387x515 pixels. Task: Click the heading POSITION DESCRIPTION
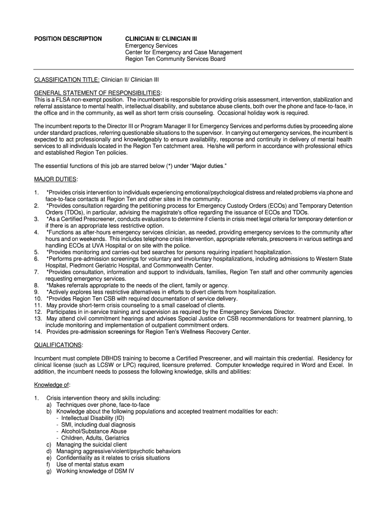(67, 39)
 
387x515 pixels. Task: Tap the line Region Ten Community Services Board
(175, 59)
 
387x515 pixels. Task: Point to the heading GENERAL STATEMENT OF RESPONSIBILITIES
(97, 93)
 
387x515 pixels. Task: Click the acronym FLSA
(69, 100)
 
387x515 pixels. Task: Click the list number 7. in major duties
(36, 272)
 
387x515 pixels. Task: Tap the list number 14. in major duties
(38, 332)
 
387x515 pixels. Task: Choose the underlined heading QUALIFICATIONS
(58, 345)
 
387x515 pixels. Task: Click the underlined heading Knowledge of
(52, 385)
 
